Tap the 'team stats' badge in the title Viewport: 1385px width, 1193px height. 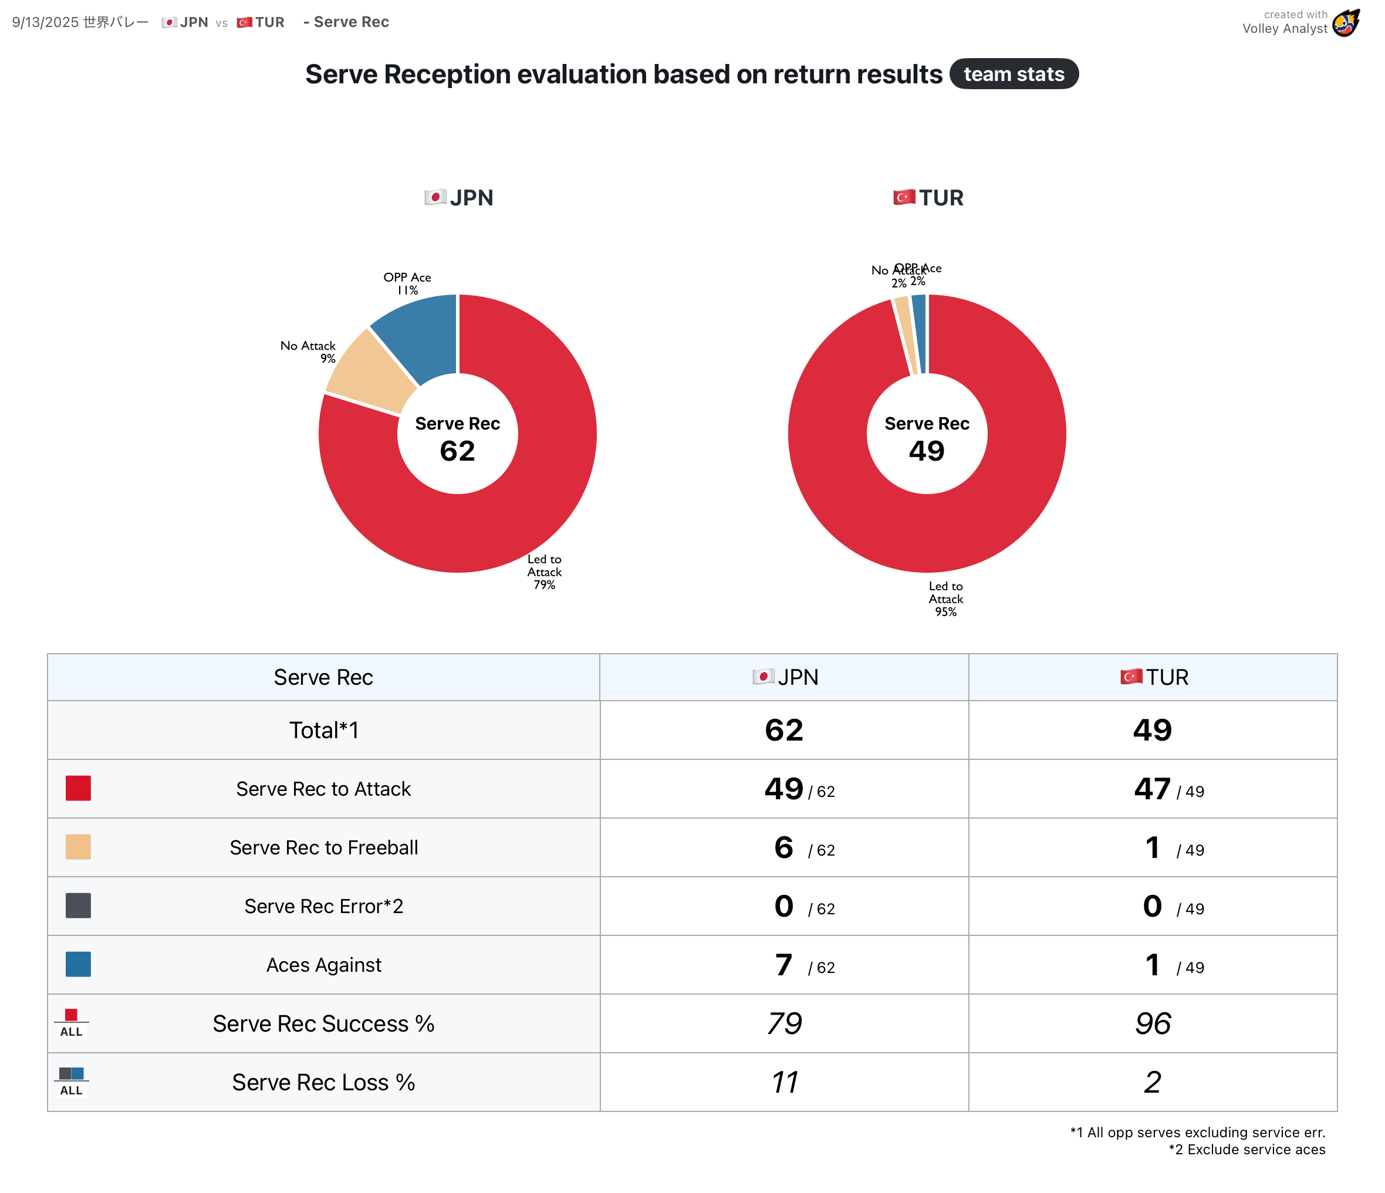pos(1014,74)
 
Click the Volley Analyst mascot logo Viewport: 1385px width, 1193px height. pos(1346,23)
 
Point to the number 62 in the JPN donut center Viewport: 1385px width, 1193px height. pos(457,451)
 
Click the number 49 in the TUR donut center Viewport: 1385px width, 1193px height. pos(927,451)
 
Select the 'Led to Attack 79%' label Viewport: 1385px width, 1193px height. pos(544,572)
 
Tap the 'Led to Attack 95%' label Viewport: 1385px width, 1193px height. pos(945,599)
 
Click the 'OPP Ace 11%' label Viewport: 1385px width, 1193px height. pos(407,283)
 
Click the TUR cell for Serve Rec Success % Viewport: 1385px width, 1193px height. pos(1153,1023)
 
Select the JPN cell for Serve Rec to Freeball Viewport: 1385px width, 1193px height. pos(784,847)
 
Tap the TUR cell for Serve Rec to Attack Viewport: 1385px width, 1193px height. pos(1153,789)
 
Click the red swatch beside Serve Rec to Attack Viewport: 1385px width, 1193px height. pos(78,789)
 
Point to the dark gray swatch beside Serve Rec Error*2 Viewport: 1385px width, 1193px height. pos(78,905)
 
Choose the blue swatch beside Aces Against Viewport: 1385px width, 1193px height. pos(78,964)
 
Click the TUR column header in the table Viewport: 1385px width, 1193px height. pos(1154,677)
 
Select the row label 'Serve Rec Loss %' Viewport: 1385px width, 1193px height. pos(323,1082)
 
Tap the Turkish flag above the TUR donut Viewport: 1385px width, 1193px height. pos(904,197)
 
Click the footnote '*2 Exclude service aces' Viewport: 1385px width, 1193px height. pos(1246,1150)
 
